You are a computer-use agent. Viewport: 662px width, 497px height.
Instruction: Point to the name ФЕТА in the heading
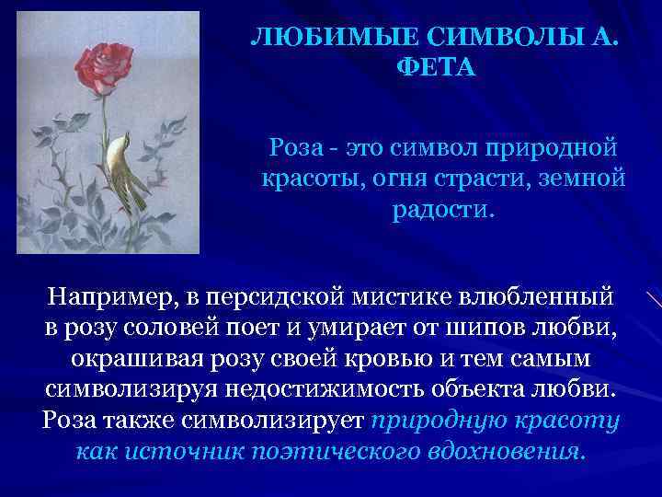coord(439,68)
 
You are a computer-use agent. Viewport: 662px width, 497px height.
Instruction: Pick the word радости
coord(443,208)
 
